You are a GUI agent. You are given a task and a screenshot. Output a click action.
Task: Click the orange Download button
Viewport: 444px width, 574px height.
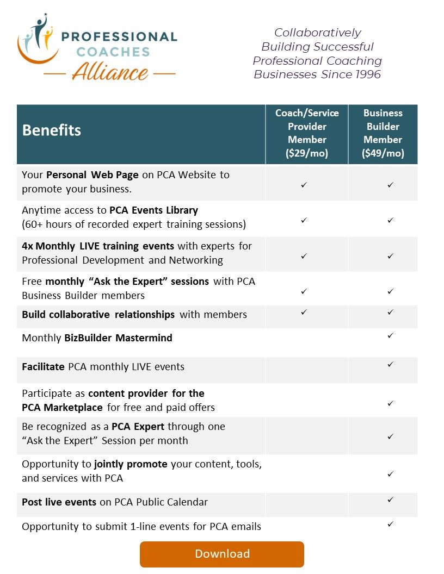pyautogui.click(x=222, y=554)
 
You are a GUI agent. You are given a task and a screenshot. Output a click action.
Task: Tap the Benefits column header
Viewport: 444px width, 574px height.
pyautogui.click(x=52, y=130)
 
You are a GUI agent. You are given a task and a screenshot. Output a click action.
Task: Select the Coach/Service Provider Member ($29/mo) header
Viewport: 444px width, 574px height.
pyautogui.click(x=307, y=133)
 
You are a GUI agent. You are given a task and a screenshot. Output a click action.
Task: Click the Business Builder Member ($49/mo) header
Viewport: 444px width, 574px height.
pyautogui.click(x=383, y=133)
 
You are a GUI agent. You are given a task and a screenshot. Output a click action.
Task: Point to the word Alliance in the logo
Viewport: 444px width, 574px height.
pyautogui.click(x=109, y=72)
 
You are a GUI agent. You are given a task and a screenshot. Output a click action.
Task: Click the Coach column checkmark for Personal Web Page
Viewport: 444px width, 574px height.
pyautogui.click(x=304, y=185)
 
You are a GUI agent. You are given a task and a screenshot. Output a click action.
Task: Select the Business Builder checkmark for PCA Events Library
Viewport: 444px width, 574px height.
pyautogui.click(x=390, y=220)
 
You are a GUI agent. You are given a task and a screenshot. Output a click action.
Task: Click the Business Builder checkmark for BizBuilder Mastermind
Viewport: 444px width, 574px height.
pyautogui.click(x=390, y=336)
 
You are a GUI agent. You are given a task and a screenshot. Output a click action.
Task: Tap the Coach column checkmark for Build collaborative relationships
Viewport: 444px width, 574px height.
pyautogui.click(x=304, y=312)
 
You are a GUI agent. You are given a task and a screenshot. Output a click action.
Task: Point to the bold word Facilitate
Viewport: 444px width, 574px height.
pyautogui.click(x=44, y=367)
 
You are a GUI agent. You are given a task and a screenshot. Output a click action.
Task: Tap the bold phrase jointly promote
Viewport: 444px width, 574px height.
pyautogui.click(x=131, y=465)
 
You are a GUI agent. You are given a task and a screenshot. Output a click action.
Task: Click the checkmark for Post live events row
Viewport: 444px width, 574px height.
pyautogui.click(x=390, y=499)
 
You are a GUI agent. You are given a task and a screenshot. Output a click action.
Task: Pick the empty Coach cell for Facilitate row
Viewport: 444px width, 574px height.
pyautogui.click(x=307, y=370)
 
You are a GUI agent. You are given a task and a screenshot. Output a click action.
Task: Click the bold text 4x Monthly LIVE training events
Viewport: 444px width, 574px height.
pyautogui.click(x=98, y=246)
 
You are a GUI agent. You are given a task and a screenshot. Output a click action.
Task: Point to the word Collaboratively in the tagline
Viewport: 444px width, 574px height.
pyautogui.click(x=317, y=33)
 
